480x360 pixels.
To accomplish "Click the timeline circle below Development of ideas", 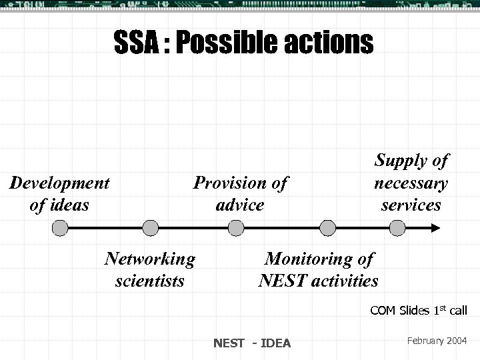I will (60, 229).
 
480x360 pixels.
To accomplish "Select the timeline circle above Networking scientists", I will (151, 229).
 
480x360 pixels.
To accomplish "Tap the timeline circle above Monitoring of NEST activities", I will (327, 229).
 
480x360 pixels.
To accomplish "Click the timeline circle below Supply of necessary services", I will (397, 229).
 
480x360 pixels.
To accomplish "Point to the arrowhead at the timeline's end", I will (435, 229).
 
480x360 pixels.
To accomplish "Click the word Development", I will (60, 183).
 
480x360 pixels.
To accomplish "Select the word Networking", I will (150, 259).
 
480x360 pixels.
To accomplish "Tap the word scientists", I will (150, 281).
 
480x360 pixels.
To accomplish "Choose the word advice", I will (240, 205).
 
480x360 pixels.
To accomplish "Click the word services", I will (411, 205).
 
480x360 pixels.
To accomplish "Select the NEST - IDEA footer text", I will (252, 343).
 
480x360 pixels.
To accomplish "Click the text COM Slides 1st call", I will (419, 311).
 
